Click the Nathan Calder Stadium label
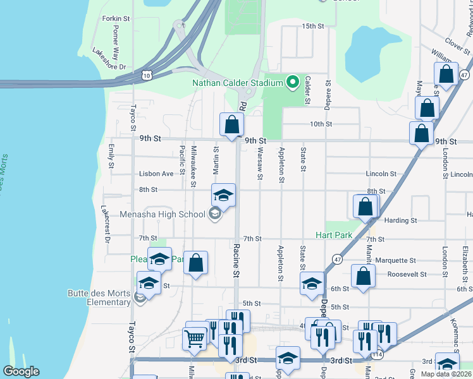[x=238, y=83]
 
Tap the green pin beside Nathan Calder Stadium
[x=292, y=82]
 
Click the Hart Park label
[x=338, y=235]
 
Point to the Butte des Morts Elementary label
[x=99, y=298]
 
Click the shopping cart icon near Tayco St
[x=195, y=339]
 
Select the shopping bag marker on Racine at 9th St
[x=232, y=124]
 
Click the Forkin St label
[x=116, y=19]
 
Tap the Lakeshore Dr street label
[x=109, y=58]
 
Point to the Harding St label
[x=401, y=220]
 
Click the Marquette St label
[x=395, y=260]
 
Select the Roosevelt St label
[x=408, y=275]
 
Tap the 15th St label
[x=312, y=27]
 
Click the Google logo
[x=21, y=371]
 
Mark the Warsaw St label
[x=260, y=159]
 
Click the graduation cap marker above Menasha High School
[x=223, y=195]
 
